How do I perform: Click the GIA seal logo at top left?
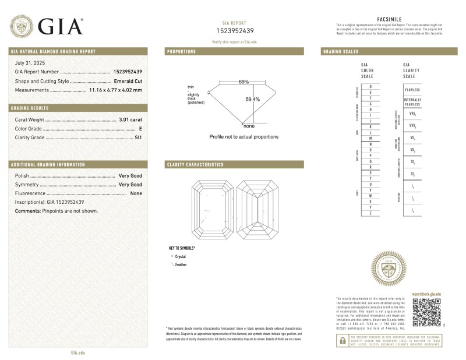[x=22, y=26]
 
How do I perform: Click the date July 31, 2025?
[x=30, y=62]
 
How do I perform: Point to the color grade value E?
[x=140, y=129]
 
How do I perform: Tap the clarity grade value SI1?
[x=138, y=138]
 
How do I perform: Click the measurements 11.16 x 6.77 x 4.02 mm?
[x=107, y=90]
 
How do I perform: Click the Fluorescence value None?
[x=136, y=193]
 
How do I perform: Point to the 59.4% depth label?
[x=252, y=100]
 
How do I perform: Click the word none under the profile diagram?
[x=249, y=126]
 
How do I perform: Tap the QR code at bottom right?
[x=425, y=313]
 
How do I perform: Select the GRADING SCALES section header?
[x=341, y=51]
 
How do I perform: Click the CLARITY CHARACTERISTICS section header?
[x=195, y=165]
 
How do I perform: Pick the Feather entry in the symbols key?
[x=181, y=264]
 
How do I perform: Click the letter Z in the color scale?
[x=370, y=214]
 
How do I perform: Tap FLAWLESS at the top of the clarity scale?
[x=412, y=90]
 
